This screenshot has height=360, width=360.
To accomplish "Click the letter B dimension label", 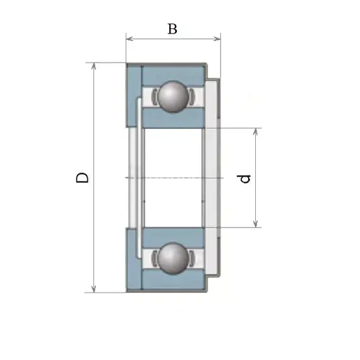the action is (x=172, y=29).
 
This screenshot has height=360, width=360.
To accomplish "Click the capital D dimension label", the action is (x=82, y=177).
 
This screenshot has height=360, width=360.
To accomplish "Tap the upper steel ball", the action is (x=173, y=97).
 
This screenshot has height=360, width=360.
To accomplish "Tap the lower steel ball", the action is (x=173, y=258).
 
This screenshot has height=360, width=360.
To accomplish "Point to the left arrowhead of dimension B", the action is (x=129, y=39).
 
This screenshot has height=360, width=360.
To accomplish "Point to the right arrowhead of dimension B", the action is (x=217, y=39).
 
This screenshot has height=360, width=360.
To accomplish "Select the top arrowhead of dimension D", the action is (x=93, y=66).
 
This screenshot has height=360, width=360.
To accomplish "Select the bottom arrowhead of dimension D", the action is (x=93, y=289).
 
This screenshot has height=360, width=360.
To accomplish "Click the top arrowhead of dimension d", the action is (x=255, y=132).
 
